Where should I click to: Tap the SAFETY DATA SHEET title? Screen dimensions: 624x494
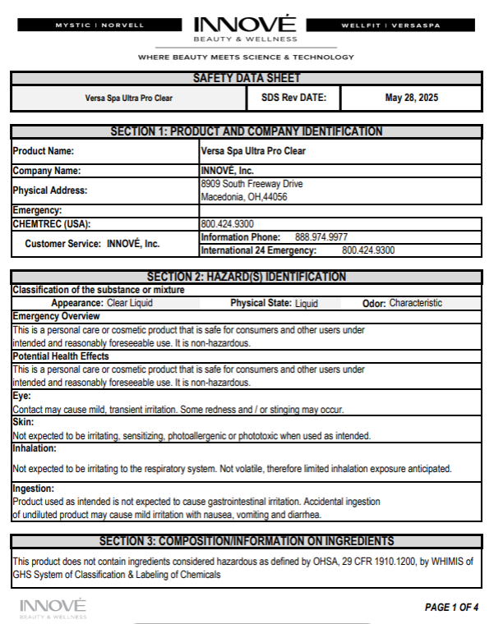pyautogui.click(x=246, y=78)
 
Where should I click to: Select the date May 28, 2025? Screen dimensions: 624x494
pyautogui.click(x=411, y=98)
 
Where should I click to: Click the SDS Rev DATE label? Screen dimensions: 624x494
pyautogui.click(x=293, y=98)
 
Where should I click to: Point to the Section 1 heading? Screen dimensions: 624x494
pyautogui.click(x=246, y=131)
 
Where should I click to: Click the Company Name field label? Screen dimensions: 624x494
pyautogui.click(x=46, y=171)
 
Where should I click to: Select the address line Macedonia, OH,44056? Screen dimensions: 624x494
pyautogui.click(x=243, y=197)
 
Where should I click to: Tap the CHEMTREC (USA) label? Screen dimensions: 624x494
pyautogui.click(x=51, y=223)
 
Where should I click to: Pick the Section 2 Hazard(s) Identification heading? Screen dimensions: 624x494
pyautogui.click(x=246, y=277)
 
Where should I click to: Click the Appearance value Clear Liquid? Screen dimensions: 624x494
pyautogui.click(x=129, y=303)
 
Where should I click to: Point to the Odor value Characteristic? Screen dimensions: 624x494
pyautogui.click(x=415, y=303)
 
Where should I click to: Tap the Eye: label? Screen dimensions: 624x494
pyautogui.click(x=22, y=396)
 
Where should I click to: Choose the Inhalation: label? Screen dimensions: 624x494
pyautogui.click(x=35, y=448)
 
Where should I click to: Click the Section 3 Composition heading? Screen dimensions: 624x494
pyautogui.click(x=246, y=541)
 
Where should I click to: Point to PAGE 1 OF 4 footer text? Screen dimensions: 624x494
pyautogui.click(x=451, y=608)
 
